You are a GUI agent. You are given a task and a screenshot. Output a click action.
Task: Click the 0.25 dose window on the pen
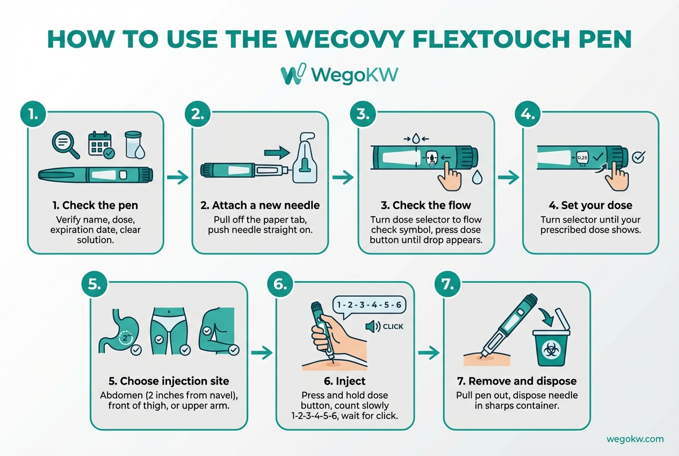[x=582, y=158]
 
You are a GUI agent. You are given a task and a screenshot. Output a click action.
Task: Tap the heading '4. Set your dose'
[x=590, y=205]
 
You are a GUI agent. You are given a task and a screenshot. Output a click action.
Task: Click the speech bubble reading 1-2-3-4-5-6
[x=369, y=305]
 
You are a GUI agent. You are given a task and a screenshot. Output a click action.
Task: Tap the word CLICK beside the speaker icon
[x=393, y=326]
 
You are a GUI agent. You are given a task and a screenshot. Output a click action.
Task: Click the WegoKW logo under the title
[x=339, y=75]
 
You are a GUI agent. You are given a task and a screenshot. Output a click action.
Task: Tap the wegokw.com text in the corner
[x=635, y=439]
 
